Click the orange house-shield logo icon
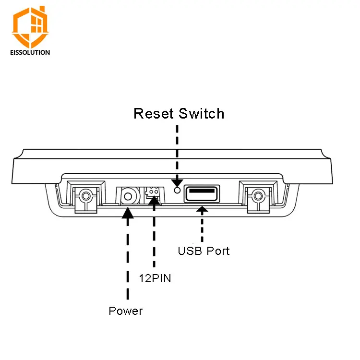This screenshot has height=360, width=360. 30,26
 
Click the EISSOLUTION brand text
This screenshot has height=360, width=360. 30,52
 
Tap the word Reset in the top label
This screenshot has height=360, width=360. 154,113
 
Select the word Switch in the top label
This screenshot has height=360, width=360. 201,113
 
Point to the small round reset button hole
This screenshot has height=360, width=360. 177,190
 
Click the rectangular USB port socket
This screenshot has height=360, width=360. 202,194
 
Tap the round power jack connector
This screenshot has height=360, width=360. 128,196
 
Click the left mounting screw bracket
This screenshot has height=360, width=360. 86,197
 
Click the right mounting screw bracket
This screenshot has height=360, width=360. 258,197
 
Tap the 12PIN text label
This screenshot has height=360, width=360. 155,278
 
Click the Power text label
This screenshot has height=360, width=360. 126,311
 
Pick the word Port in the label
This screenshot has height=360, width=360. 218,251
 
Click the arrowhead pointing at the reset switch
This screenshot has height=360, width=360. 177,183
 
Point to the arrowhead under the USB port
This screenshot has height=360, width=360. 202,209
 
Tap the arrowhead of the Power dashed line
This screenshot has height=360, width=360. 128,213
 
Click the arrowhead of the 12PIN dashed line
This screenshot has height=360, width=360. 154,201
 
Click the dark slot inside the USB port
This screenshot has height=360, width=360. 202,191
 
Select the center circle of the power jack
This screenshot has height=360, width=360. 128,196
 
